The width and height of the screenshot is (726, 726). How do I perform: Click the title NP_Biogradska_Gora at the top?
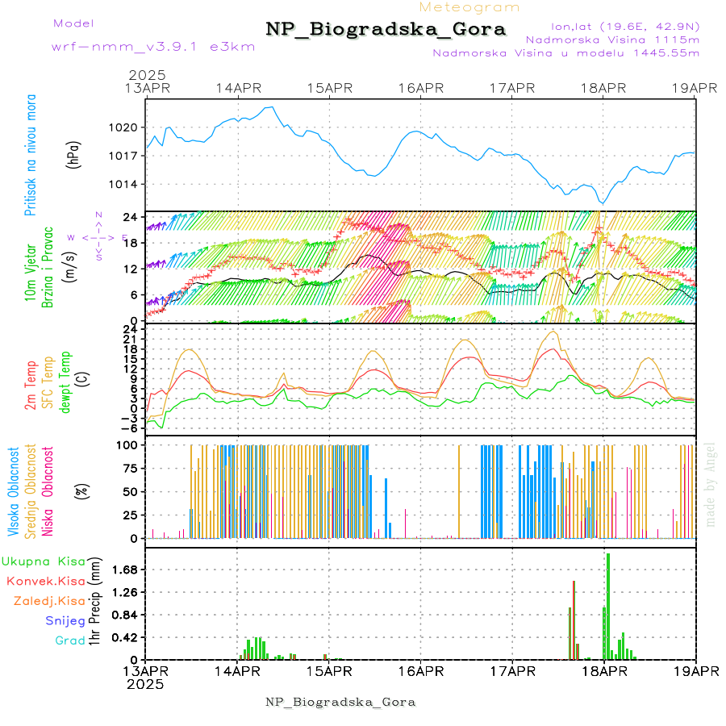(386, 30)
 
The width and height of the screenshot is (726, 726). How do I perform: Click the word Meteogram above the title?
(470, 7)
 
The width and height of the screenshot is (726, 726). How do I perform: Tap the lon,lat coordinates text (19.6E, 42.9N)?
(624, 26)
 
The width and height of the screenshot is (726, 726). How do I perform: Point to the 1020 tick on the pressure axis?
(125, 127)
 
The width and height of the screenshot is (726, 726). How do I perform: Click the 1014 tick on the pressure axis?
(125, 185)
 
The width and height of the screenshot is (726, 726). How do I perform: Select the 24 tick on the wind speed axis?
(131, 217)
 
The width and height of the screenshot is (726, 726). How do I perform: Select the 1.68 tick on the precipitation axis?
(124, 570)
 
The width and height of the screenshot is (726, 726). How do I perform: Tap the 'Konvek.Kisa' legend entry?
(45, 581)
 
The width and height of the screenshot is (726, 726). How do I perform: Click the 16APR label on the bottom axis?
(420, 671)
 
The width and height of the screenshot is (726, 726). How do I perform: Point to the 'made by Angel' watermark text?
(711, 484)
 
